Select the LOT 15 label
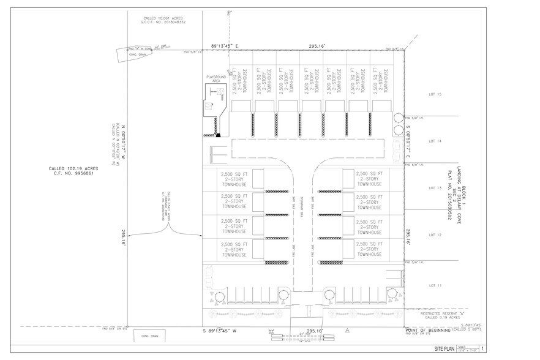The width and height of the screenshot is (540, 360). [x=435, y=95]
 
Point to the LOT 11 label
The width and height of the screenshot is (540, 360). [x=435, y=285]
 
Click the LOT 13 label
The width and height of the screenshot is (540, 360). [x=435, y=188]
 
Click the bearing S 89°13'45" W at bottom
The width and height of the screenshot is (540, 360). [x=224, y=331]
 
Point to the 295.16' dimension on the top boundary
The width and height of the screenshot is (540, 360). [x=317, y=45]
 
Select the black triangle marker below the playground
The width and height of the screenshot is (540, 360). [x=217, y=135]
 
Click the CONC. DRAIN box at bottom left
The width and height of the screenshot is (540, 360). [x=150, y=337]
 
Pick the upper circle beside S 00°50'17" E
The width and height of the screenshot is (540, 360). [x=399, y=117]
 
